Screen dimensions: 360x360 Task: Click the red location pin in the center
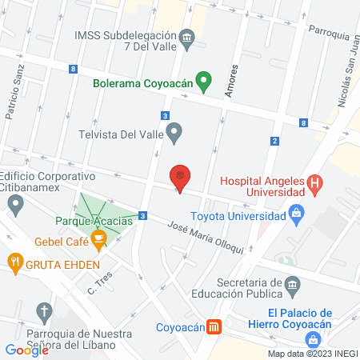181,177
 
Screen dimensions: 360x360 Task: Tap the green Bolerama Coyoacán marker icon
204,79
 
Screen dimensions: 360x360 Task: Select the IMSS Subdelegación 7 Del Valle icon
186,36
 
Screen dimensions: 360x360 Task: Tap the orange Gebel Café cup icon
98,238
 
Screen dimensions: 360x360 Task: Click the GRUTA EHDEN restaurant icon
14,261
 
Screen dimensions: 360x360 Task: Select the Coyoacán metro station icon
214,326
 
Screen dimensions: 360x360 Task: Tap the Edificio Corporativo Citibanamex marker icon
15,206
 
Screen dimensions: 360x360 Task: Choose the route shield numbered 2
274,141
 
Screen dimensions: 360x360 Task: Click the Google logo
26,350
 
